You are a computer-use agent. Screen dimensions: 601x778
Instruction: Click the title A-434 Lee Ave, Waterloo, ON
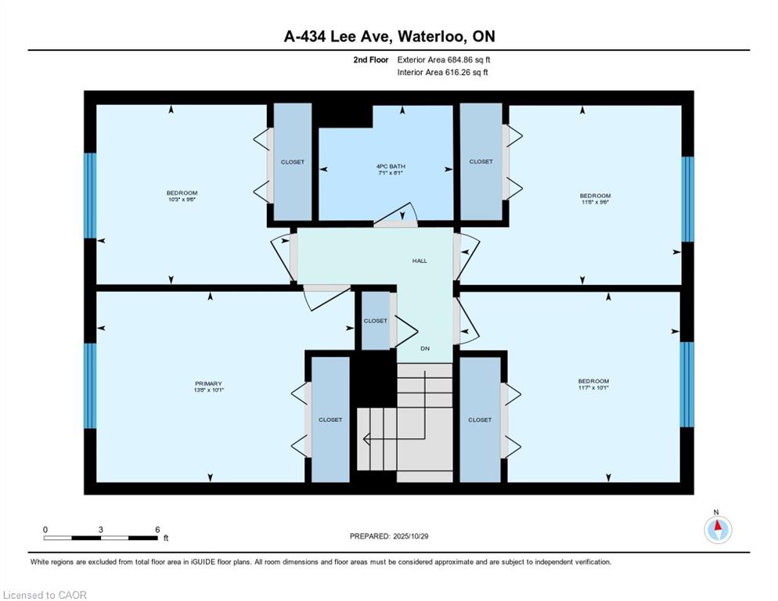(x=389, y=37)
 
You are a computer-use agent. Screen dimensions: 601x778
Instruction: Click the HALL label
(x=420, y=261)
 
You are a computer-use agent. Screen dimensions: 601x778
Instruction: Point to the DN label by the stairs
(x=425, y=348)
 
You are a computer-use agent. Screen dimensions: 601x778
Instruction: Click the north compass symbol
(x=717, y=530)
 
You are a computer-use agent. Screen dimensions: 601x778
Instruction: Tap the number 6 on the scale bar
(x=157, y=529)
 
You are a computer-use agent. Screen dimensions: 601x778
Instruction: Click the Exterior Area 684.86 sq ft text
(x=444, y=59)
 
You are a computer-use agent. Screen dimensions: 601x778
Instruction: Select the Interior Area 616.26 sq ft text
(x=444, y=72)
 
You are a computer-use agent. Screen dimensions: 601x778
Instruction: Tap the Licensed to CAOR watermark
(x=45, y=595)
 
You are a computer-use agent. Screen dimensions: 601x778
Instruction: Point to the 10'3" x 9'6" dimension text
(x=182, y=199)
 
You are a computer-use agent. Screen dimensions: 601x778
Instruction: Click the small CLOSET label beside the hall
(x=375, y=321)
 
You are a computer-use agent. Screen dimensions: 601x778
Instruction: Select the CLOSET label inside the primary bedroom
(x=330, y=419)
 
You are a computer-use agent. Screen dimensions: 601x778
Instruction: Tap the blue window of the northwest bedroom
(x=90, y=196)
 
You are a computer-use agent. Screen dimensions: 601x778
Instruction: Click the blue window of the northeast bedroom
(x=687, y=199)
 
